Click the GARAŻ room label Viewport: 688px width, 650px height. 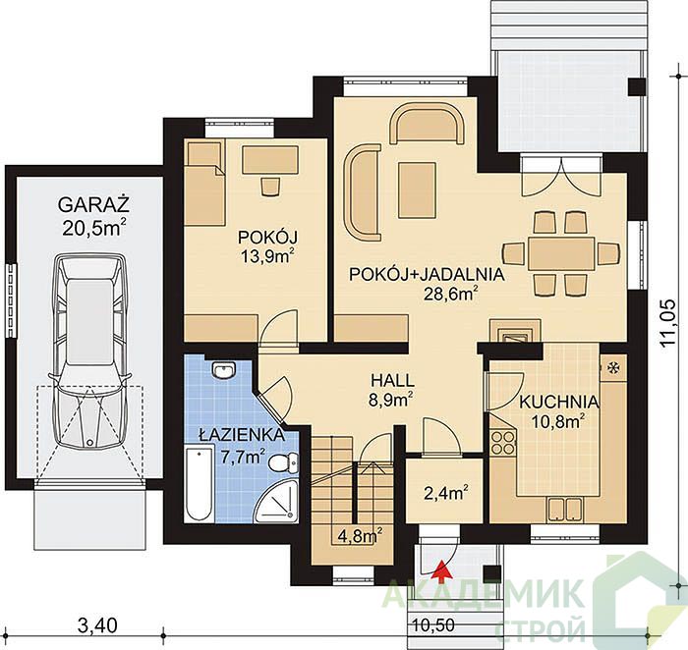93,204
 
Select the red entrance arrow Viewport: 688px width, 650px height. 443,570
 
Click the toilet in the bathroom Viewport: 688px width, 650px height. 283,462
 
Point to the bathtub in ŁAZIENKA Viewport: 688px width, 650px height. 200,483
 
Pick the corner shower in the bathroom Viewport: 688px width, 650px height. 276,500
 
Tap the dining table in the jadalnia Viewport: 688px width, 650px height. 561,253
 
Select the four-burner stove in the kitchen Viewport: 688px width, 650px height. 503,443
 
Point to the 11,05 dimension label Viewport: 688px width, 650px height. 667,323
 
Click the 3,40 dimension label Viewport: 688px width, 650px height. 97,624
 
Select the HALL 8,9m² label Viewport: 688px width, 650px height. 392,390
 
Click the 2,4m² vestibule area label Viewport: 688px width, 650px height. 444,493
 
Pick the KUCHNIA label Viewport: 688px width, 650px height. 559,402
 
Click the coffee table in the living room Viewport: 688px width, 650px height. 417,190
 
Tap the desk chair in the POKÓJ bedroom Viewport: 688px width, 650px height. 270,187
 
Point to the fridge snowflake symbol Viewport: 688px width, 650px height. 611,367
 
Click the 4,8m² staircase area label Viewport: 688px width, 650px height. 361,535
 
